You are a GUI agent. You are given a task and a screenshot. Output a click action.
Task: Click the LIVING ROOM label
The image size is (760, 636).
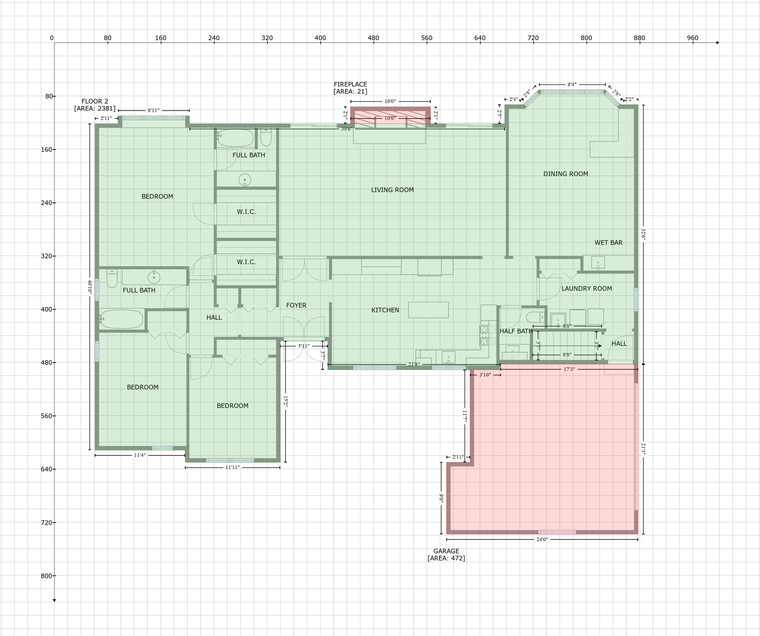pyautogui.click(x=392, y=190)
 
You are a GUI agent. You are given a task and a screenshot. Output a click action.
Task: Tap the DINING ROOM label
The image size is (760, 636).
pyautogui.click(x=565, y=174)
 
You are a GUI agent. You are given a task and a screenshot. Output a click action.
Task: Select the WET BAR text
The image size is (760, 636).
pyautogui.click(x=608, y=243)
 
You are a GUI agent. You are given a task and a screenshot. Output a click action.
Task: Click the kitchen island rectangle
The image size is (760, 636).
pyautogui.click(x=428, y=310)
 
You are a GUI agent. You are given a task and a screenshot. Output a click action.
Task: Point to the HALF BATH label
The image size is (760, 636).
pyautogui.click(x=516, y=331)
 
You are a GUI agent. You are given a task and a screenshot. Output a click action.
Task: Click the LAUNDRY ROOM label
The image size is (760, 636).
pyautogui.click(x=586, y=289)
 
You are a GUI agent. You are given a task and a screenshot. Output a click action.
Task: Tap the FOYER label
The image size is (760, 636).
pyautogui.click(x=296, y=305)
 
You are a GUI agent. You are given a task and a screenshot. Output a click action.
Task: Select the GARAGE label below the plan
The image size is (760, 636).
pyautogui.click(x=446, y=551)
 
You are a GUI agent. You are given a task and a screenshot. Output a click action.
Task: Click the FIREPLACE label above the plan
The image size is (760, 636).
pyautogui.click(x=350, y=84)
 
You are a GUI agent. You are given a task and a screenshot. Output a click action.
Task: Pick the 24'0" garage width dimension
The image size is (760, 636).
pyautogui.click(x=542, y=540)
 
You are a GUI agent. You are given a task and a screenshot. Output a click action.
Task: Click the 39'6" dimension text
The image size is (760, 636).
pyautogui.click(x=347, y=129)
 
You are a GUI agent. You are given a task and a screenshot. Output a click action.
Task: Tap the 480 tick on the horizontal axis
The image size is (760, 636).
pyautogui.click(x=373, y=38)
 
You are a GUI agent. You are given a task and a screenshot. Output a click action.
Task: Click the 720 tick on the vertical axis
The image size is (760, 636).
pyautogui.click(x=49, y=523)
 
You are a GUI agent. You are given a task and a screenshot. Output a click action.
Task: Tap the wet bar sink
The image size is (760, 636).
pyautogui.click(x=598, y=263)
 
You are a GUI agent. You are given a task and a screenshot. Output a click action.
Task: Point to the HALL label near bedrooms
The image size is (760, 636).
pyautogui.click(x=214, y=318)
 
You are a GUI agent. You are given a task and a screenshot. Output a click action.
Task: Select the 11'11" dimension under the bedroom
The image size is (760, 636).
pyautogui.click(x=232, y=467)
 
